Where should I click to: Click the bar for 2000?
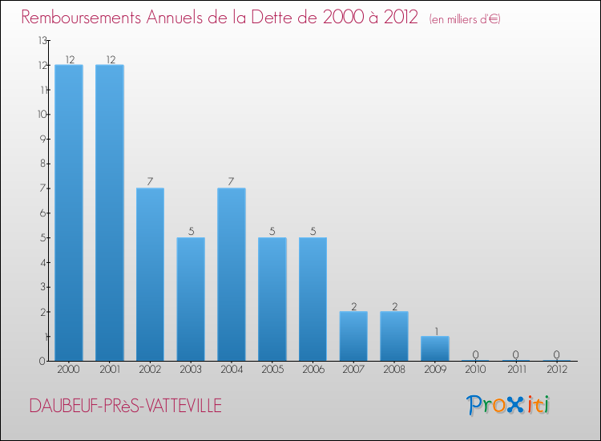coord(69,212)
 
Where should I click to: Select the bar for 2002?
coord(150,274)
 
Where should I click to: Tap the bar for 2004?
coord(232,274)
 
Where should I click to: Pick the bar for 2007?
coord(353,336)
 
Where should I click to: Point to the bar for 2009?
coord(435,348)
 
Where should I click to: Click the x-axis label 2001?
coord(110,370)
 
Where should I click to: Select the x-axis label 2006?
coord(313,370)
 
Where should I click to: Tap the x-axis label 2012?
coord(556,370)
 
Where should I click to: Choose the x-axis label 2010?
coord(475,370)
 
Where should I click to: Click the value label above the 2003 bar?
coord(191,232)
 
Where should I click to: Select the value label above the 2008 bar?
coord(394,305)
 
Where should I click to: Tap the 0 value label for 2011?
coord(516,354)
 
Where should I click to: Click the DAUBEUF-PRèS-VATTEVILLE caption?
coord(126,406)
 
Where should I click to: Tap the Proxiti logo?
coord(509,405)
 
